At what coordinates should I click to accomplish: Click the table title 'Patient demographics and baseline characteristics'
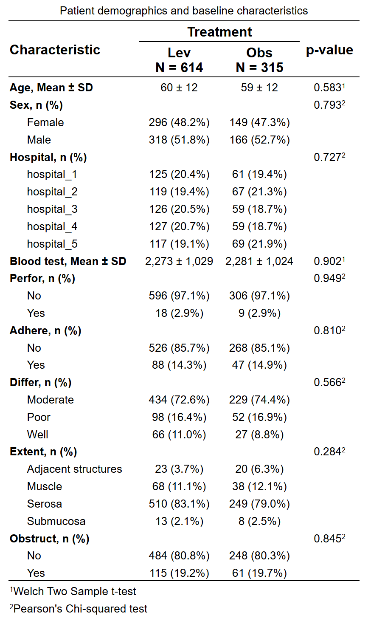(x=184, y=11)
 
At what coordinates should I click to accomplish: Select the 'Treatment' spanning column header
(x=219, y=32)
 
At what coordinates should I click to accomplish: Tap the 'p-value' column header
(x=329, y=51)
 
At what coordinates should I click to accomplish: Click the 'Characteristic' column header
(x=55, y=50)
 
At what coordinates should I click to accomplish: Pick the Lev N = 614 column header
(x=179, y=60)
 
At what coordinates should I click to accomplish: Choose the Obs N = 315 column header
(x=259, y=60)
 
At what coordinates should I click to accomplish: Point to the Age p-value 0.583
(x=329, y=88)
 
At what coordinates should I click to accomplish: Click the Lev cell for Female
(x=179, y=122)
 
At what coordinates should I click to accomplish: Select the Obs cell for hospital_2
(x=259, y=192)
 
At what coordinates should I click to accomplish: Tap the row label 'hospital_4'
(x=52, y=226)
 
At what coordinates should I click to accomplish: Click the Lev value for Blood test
(x=179, y=261)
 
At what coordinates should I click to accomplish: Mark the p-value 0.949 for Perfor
(x=329, y=278)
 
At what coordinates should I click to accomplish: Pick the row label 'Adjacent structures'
(x=75, y=469)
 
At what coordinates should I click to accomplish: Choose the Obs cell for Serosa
(x=259, y=504)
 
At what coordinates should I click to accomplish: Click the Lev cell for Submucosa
(x=179, y=521)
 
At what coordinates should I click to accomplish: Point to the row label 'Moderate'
(x=51, y=400)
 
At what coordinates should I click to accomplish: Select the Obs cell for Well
(x=259, y=435)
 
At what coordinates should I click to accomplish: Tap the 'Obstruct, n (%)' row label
(x=50, y=539)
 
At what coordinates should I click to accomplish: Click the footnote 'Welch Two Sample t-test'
(x=73, y=591)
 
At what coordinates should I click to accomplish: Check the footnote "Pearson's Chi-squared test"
(x=79, y=609)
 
